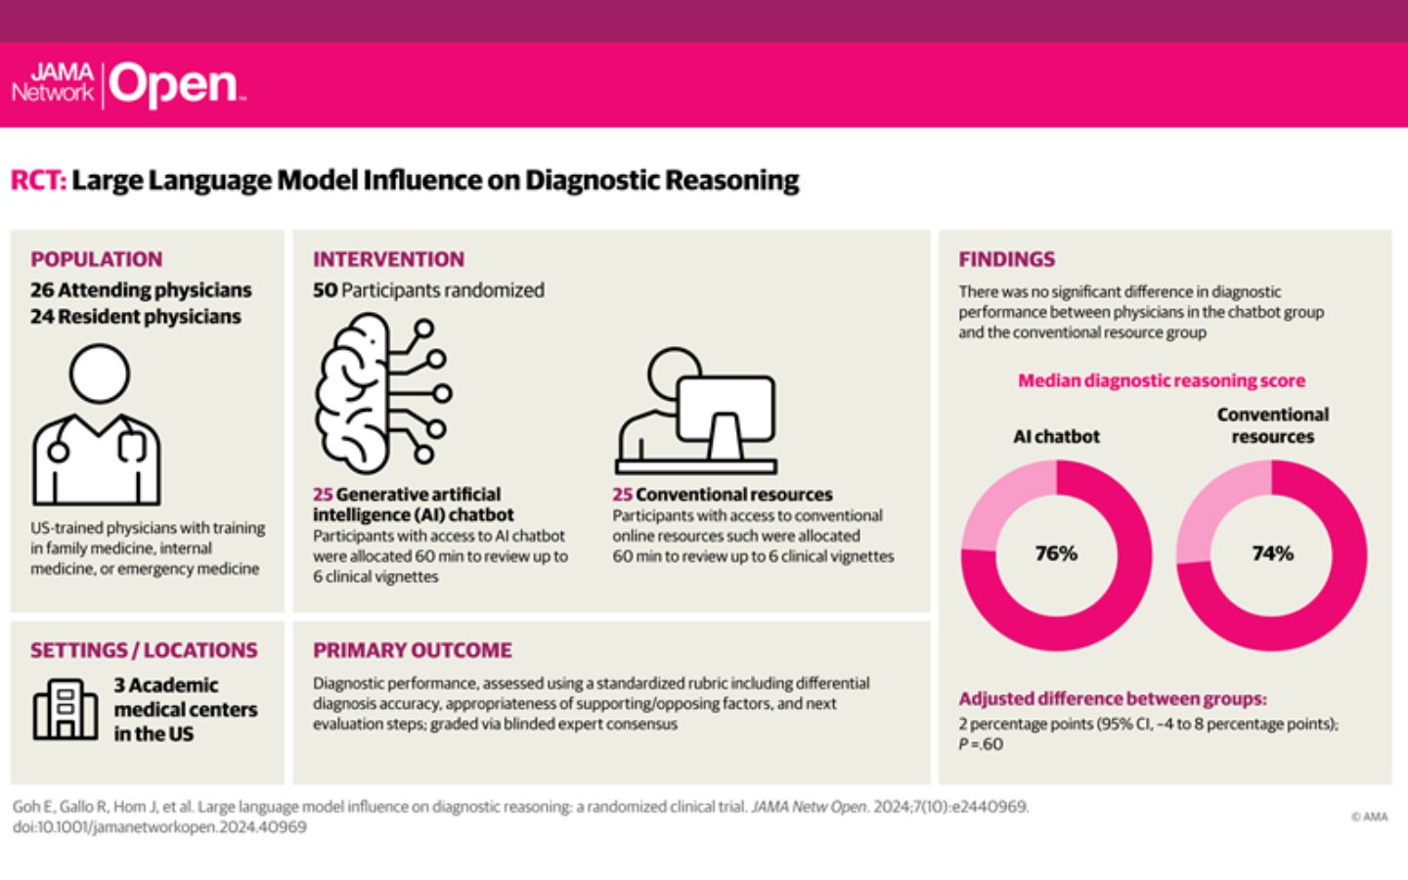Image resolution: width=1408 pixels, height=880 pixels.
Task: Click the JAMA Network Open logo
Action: tap(127, 85)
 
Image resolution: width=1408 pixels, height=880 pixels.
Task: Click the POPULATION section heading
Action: tap(96, 259)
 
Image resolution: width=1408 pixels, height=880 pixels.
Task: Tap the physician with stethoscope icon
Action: tap(96, 425)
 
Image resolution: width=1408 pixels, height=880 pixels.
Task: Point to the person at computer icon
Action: tap(696, 412)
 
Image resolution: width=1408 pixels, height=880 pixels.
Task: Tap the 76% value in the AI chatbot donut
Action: tap(1056, 553)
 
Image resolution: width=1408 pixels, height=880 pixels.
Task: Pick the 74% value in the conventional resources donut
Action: tap(1272, 553)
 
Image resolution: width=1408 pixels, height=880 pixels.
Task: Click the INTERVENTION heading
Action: tap(388, 259)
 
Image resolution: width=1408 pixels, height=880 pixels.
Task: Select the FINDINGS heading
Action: tap(1006, 259)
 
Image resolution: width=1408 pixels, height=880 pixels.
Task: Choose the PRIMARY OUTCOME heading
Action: tap(412, 650)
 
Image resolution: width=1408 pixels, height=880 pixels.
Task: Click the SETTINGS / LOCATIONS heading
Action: tap(144, 650)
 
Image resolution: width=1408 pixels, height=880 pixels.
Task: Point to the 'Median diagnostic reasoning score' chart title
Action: tap(1161, 380)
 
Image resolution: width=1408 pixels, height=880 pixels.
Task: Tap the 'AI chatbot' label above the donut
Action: tap(1056, 436)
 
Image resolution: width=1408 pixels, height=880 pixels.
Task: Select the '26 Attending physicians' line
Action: tap(141, 290)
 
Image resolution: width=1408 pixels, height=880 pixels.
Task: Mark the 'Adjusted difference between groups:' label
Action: tap(1112, 699)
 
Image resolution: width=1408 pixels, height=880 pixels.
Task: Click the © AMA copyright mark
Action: tap(1369, 816)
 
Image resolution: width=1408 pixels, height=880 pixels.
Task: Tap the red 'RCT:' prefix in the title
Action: tap(38, 181)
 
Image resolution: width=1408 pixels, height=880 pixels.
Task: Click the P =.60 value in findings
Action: tap(981, 744)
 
